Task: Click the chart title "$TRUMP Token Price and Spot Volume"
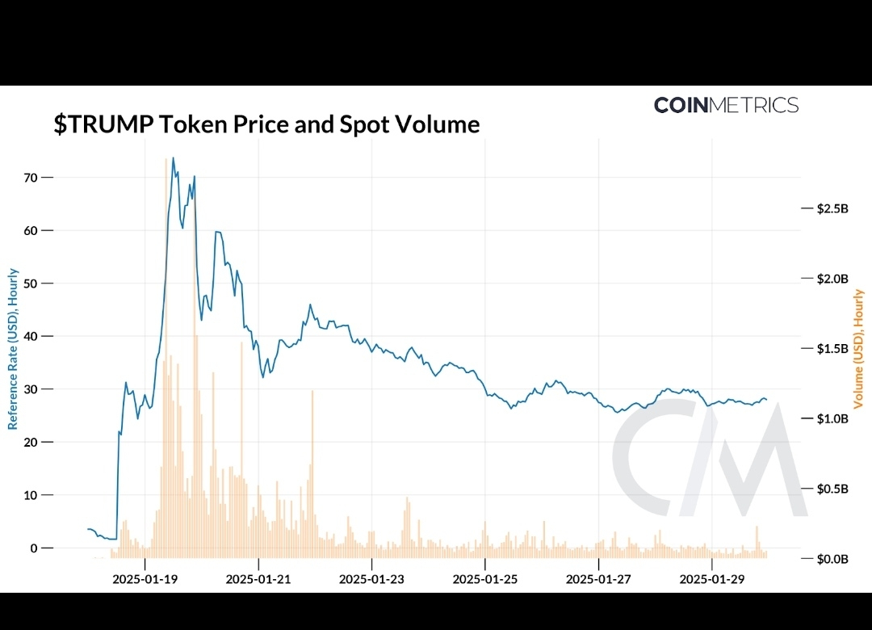click(x=266, y=124)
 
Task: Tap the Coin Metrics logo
click(x=726, y=105)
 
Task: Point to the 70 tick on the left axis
click(x=31, y=177)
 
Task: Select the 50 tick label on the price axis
click(x=31, y=283)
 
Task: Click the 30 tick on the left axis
click(x=31, y=389)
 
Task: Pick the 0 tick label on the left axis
click(x=35, y=548)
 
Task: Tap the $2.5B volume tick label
click(x=833, y=208)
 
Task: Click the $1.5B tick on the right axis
click(x=833, y=349)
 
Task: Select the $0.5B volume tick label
click(x=833, y=489)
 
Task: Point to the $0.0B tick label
click(x=833, y=559)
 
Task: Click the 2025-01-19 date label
click(x=145, y=578)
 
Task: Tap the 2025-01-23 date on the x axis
click(x=371, y=578)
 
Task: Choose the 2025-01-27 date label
click(x=598, y=578)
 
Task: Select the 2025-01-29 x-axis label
click(x=711, y=578)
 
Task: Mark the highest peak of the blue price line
click(x=173, y=158)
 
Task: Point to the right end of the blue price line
click(x=766, y=400)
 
